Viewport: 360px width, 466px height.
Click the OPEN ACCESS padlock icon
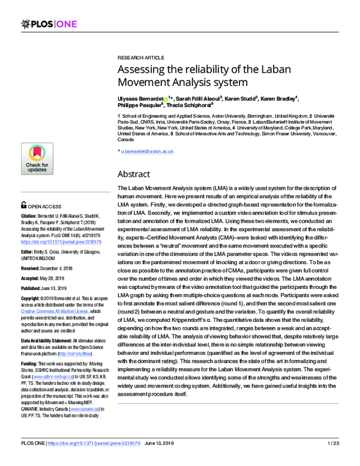point(23,204)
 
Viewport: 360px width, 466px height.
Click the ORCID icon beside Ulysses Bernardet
point(166,98)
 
